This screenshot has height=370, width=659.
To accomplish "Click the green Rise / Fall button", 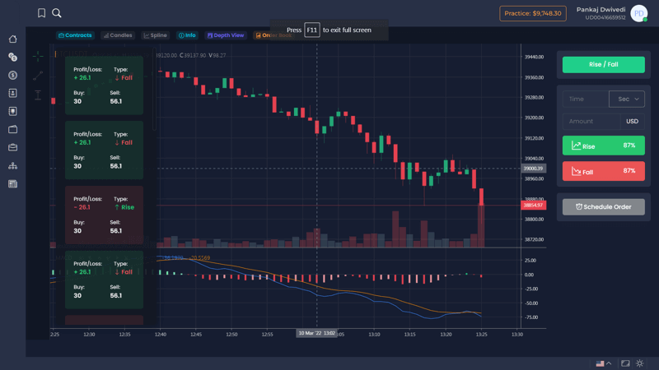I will [x=603, y=64].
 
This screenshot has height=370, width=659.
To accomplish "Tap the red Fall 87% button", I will [x=603, y=171].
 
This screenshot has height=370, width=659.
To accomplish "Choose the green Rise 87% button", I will [x=603, y=146].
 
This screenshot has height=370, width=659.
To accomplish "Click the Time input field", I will [x=584, y=99].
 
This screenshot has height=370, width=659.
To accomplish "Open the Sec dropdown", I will [x=628, y=99].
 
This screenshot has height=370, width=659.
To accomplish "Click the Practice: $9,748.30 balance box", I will [x=532, y=13].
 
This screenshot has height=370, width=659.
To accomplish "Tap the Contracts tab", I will [x=75, y=35].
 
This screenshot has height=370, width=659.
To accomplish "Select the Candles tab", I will [x=118, y=35].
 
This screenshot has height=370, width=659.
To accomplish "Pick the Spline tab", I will [x=155, y=35].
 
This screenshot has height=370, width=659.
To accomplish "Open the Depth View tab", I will [x=226, y=35].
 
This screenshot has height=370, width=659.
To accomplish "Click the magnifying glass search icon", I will [x=57, y=13].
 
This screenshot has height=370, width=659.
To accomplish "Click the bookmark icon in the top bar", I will [x=41, y=13].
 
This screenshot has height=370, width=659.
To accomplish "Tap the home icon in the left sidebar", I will [x=13, y=39].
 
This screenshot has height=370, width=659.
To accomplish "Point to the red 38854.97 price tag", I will [x=533, y=205].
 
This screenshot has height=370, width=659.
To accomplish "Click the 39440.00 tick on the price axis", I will [x=534, y=57].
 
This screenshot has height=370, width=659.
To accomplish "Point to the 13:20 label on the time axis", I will [x=446, y=335].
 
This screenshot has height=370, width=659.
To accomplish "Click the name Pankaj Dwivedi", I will [x=601, y=9].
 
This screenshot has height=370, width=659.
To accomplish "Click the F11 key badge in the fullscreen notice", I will [x=312, y=30].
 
